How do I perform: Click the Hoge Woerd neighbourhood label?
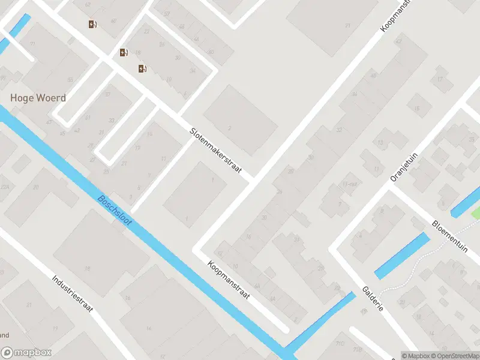tap(38, 98)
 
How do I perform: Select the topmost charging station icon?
tap(92, 25)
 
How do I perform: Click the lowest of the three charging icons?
tap(142, 68)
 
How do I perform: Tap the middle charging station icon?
tap(124, 52)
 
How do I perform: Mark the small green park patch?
tap(476, 212)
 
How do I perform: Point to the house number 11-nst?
tap(350, 184)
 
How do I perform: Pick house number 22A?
tap(5, 188)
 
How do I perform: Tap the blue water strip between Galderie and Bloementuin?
tap(402, 256)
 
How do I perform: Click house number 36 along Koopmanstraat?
tap(355, 94)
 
